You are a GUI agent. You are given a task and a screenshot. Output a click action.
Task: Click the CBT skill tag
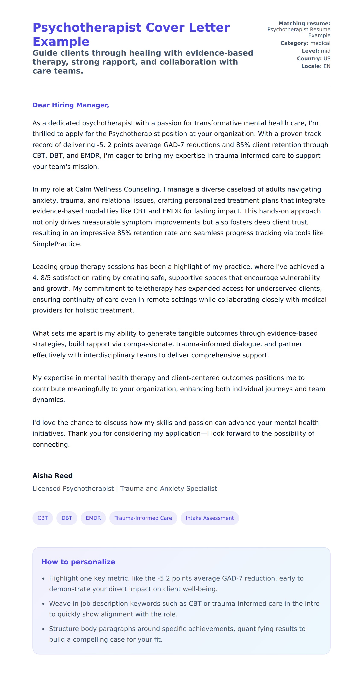coord(43,518)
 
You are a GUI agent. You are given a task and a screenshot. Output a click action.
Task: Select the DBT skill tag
coord(67,518)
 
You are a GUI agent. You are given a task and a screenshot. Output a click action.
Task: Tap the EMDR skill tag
coord(93,518)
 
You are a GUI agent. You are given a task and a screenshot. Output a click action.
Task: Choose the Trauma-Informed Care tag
coord(143,518)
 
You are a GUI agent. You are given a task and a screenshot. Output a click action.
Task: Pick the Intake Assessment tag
coord(210,518)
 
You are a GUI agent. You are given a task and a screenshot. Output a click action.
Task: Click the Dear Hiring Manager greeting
coord(71,105)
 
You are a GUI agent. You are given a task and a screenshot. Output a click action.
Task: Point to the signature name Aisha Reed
coord(52,476)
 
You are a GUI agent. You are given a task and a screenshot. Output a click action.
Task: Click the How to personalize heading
coord(78,562)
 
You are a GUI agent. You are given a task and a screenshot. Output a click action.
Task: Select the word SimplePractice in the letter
coord(57,244)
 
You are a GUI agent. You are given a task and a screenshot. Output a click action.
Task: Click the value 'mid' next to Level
coord(326,51)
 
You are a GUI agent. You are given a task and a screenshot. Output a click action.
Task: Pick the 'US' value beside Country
coord(327,58)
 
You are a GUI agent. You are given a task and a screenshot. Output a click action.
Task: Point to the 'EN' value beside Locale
coord(327,66)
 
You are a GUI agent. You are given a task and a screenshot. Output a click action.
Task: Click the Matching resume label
coord(304,24)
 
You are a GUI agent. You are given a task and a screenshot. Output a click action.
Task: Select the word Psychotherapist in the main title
coord(87,28)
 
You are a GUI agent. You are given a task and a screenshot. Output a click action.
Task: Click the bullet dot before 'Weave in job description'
coord(43,604)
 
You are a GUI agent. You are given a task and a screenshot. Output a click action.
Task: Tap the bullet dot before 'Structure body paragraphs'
coord(43,629)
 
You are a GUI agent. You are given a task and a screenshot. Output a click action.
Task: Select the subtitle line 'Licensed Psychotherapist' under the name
coord(73,488)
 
